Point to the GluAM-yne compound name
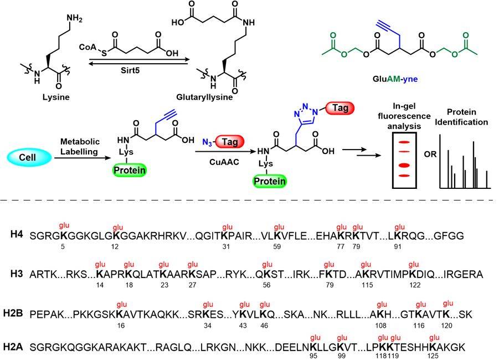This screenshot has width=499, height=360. coord(395,79)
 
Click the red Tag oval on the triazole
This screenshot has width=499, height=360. coord(341,109)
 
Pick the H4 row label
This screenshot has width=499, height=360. coord(16,235)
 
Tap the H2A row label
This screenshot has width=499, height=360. coord(19,346)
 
